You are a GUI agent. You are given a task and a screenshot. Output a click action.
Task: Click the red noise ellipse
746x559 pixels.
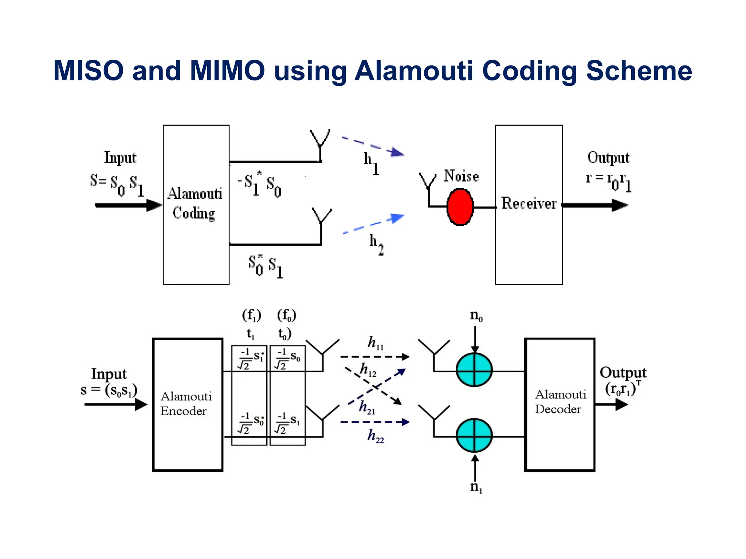coord(460,207)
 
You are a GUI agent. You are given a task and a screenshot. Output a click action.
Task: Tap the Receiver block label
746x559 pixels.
coord(529,203)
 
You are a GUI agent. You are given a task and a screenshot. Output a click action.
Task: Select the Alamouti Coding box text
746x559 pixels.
coord(195,203)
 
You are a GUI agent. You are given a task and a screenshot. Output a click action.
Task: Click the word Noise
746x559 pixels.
coord(461,176)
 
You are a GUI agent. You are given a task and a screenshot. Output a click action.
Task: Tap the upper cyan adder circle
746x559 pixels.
coord(474,370)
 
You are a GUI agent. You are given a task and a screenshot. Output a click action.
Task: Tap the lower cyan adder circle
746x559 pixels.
coord(474,435)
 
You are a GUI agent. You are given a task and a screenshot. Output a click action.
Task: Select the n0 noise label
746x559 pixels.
coord(476,316)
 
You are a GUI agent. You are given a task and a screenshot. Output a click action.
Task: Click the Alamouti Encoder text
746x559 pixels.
coord(186,403)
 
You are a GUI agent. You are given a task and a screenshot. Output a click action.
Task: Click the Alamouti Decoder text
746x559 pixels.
coord(560,401)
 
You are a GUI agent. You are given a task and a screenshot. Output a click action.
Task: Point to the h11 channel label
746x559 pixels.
coord(376,343)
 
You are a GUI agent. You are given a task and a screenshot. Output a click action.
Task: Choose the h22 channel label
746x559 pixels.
coord(376,436)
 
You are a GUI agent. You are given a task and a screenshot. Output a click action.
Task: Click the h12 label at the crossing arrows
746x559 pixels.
coord(368,370)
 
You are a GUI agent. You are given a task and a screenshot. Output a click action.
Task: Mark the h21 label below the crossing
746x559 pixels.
coord(366,407)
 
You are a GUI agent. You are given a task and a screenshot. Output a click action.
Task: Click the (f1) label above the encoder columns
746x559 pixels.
coord(252,315)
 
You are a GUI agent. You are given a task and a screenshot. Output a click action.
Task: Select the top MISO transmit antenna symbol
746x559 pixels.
coord(320,140)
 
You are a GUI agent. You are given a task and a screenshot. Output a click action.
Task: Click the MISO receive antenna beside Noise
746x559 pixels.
coord(428,182)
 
